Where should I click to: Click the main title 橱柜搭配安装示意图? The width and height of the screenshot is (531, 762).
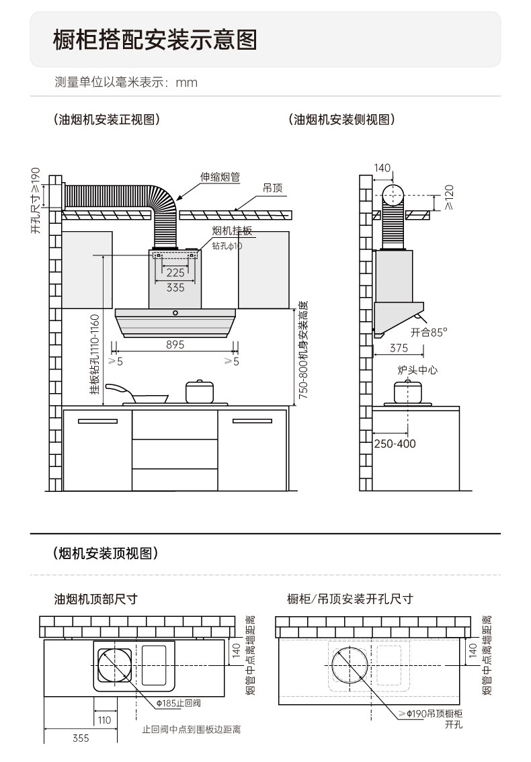coord(155,40)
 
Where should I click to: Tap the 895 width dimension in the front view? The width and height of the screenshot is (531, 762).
coord(175,345)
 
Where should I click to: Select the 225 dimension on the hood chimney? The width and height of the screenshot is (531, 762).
coord(175,273)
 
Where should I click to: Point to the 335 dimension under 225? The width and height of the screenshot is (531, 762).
coord(175,288)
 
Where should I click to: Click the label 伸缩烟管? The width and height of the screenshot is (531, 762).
coord(220,177)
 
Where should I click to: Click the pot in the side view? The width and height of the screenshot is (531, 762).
coord(407,391)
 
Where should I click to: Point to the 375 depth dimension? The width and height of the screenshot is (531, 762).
coord(399,348)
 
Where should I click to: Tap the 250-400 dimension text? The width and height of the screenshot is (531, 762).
coord(395,444)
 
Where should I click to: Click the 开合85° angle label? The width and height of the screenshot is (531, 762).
coord(429,332)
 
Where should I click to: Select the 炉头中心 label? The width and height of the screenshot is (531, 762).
coord(417,370)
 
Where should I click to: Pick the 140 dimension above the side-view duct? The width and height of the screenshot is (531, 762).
coord(382,168)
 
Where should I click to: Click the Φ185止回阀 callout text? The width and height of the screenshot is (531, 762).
coord(178,703)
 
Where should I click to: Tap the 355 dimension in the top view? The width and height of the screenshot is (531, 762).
coord(81,738)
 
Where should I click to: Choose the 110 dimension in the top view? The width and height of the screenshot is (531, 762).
coord(104,720)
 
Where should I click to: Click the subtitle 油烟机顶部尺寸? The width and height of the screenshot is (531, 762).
coord(96,599)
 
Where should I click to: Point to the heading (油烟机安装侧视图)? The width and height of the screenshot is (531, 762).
coord(341,120)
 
